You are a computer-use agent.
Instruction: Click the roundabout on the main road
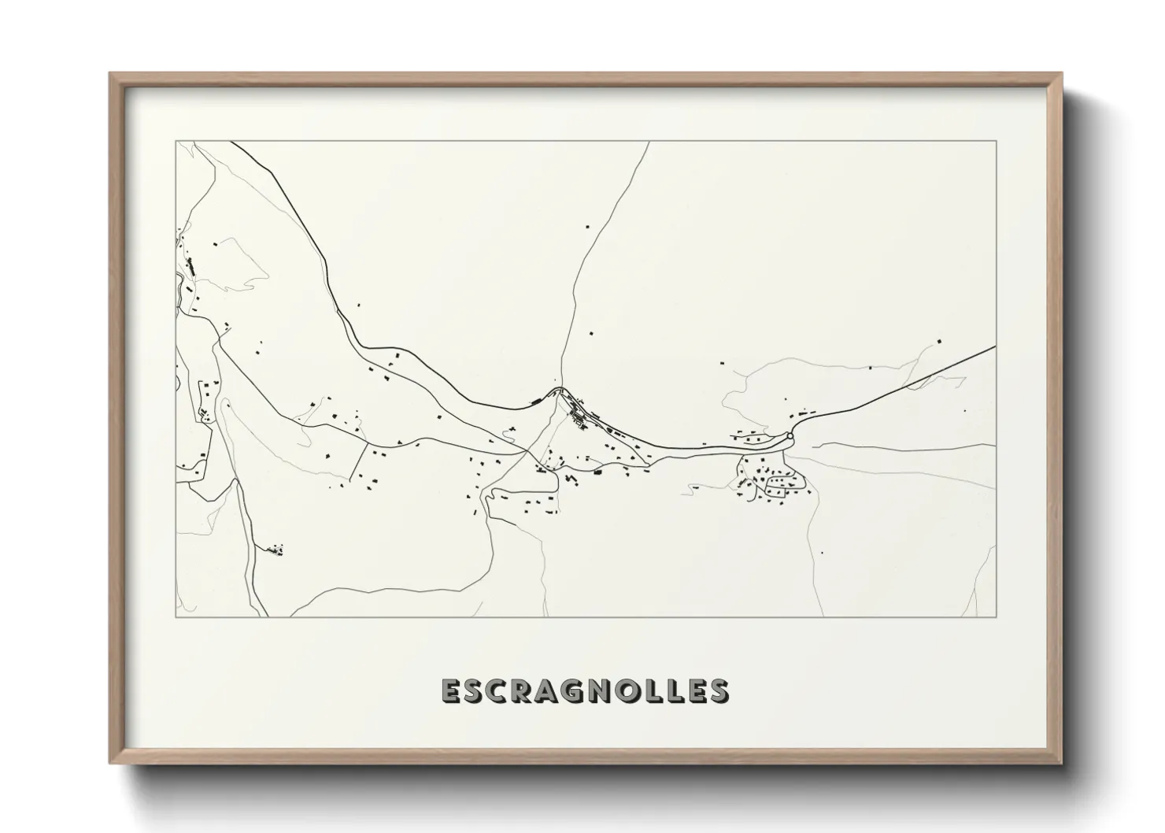point(790,435)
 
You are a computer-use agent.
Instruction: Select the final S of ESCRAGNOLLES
point(719,690)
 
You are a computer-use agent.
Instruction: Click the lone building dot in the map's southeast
point(822,553)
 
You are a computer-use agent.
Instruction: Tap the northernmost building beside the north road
point(587,227)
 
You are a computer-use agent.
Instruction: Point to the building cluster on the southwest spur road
point(276,549)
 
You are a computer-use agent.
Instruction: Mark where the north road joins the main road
point(558,391)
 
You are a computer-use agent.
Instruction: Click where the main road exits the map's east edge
point(996,346)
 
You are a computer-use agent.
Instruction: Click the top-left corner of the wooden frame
point(110,73)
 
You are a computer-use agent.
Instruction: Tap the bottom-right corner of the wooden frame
point(1063,763)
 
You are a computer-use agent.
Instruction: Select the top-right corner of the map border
point(997,141)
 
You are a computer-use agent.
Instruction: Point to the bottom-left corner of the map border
point(176,616)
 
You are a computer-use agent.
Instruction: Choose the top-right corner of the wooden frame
point(1063,73)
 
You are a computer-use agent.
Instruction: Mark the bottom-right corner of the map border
point(997,616)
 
